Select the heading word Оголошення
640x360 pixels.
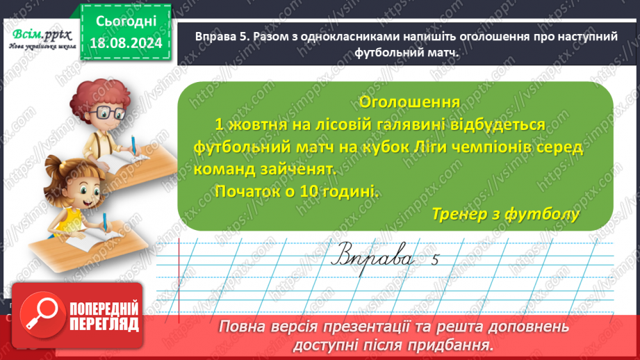click(x=409, y=102)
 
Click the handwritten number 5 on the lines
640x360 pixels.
click(x=436, y=261)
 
